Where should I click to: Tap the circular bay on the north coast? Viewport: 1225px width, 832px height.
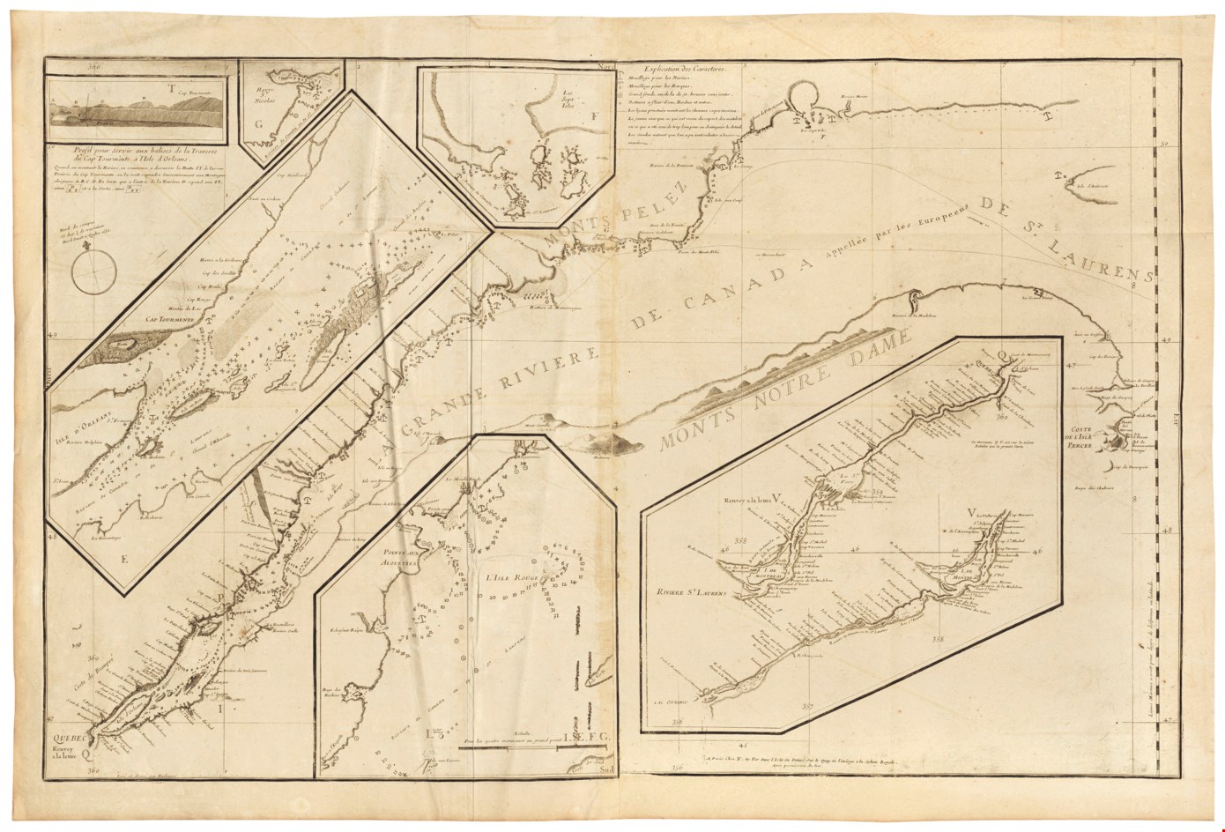806,96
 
